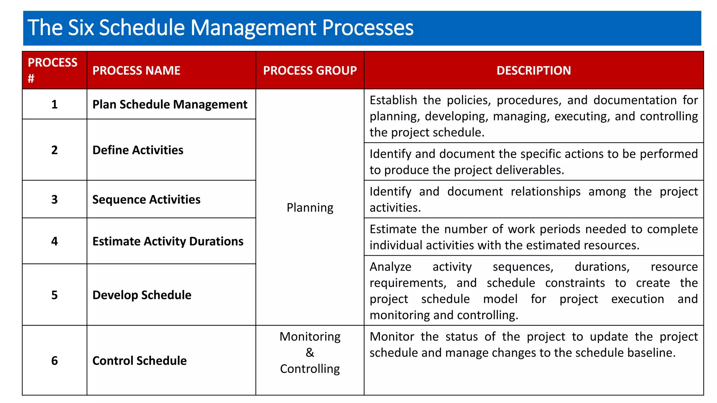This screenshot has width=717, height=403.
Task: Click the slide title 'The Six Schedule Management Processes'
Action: click(x=220, y=28)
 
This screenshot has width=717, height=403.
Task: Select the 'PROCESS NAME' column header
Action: click(x=136, y=71)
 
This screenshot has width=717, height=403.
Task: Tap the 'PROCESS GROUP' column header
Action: click(x=310, y=71)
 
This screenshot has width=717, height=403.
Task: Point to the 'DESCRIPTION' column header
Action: click(x=534, y=71)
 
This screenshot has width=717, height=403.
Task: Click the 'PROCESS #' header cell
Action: click(x=53, y=70)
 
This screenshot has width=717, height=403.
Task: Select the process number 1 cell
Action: click(x=54, y=105)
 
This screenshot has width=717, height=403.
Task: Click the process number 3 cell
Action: click(x=54, y=199)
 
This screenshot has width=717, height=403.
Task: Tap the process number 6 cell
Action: click(x=54, y=361)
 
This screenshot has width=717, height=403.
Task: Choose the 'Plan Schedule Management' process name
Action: click(x=170, y=105)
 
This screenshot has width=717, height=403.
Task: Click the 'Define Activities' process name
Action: click(x=138, y=150)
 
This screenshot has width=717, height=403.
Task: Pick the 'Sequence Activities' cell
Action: click(x=146, y=199)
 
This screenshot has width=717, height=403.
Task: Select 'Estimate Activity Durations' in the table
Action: click(x=168, y=241)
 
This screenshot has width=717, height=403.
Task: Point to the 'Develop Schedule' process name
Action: click(x=142, y=295)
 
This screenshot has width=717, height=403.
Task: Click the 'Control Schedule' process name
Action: click(x=139, y=361)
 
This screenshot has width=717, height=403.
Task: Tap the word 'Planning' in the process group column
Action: click(x=310, y=207)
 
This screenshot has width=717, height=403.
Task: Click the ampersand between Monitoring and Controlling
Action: click(x=310, y=353)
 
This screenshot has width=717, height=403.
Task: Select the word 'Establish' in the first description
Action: click(x=393, y=100)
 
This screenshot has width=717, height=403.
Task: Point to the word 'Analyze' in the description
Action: click(x=390, y=267)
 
